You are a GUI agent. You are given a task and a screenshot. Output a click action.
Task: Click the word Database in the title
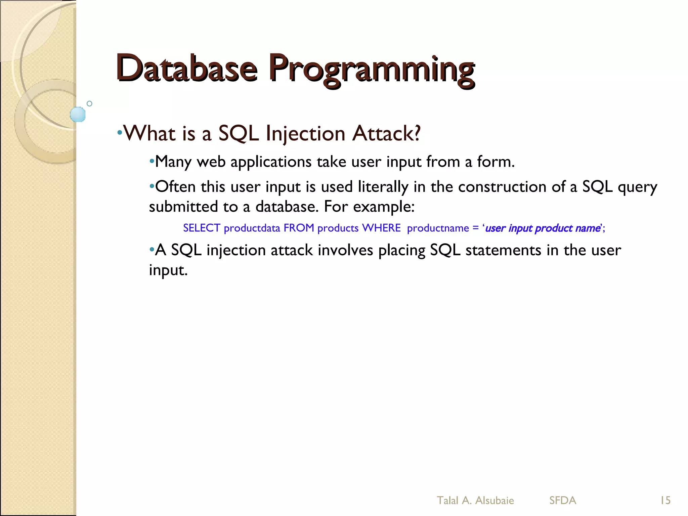click(x=187, y=69)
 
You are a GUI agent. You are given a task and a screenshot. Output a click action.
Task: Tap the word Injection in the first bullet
click(x=305, y=134)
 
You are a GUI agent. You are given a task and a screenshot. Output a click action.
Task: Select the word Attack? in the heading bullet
click(x=386, y=134)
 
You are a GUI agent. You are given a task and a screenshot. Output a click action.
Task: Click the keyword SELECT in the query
click(x=202, y=228)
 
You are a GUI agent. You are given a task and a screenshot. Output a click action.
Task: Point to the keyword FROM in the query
click(x=299, y=228)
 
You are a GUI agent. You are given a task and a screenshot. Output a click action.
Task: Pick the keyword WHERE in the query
click(x=381, y=228)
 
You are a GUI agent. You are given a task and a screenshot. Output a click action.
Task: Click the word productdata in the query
click(x=252, y=228)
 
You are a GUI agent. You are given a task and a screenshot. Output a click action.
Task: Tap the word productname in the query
click(x=438, y=228)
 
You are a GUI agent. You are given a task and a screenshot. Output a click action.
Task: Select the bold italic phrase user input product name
click(x=543, y=228)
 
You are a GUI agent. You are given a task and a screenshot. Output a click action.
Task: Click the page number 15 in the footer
click(x=665, y=501)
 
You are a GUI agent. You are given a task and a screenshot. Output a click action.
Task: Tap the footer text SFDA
click(x=563, y=501)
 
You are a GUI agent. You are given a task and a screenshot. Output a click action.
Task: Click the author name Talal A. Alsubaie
click(x=475, y=501)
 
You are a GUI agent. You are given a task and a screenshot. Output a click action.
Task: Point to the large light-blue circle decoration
click(x=78, y=114)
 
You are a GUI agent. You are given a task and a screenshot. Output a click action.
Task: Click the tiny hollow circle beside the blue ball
click(x=89, y=103)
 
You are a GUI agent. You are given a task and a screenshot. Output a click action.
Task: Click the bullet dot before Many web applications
click(x=152, y=162)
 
